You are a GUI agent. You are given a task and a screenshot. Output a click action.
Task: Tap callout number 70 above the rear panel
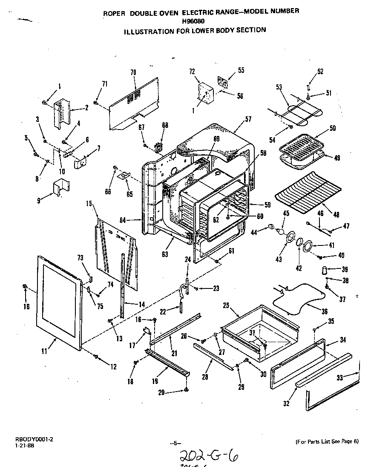tap(133, 72)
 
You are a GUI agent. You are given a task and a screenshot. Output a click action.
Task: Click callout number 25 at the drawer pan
tap(226, 306)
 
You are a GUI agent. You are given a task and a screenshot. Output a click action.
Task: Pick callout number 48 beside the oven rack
tap(336, 215)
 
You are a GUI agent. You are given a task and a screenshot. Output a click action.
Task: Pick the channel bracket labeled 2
tap(62, 112)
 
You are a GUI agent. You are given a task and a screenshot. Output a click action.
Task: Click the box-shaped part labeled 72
tap(206, 94)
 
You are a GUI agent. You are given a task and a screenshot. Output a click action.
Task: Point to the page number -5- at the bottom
tap(175, 443)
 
